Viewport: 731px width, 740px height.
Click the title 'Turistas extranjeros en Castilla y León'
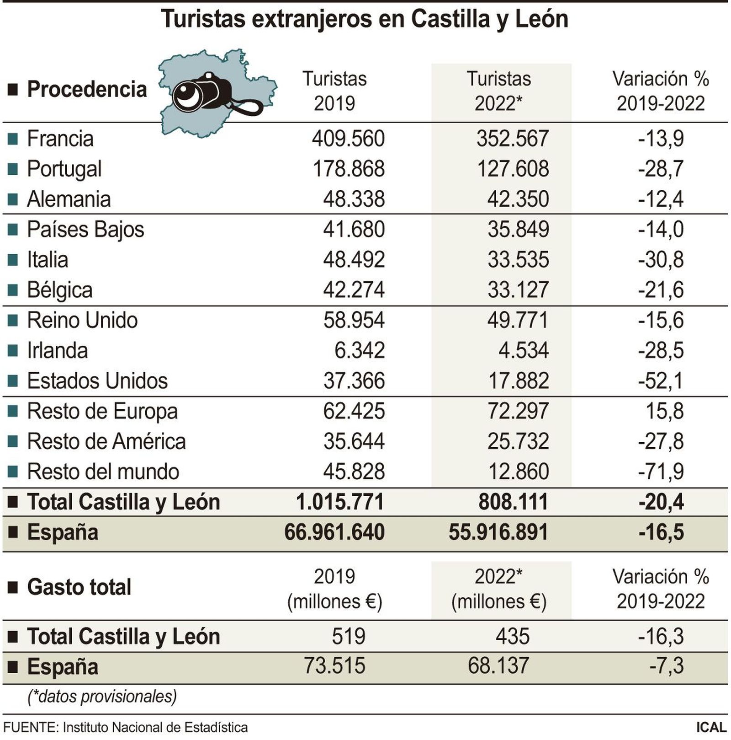tap(365, 19)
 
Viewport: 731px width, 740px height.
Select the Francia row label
tap(60, 139)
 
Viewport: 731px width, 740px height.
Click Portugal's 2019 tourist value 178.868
tap(349, 169)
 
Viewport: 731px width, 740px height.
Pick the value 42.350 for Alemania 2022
tap(518, 199)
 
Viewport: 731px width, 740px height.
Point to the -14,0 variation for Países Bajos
tap(661, 229)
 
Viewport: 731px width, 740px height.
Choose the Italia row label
tap(48, 260)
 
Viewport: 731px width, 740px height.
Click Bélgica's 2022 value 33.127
tap(518, 290)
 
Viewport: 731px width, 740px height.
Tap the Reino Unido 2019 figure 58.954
tap(354, 320)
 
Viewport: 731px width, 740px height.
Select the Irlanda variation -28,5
tap(661, 350)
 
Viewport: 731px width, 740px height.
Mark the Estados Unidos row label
tap(97, 381)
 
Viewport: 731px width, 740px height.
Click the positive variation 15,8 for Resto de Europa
tap(664, 411)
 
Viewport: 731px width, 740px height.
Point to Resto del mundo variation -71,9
tap(661, 472)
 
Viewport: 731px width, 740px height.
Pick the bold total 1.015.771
tap(339, 502)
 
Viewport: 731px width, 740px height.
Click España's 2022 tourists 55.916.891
tap(498, 532)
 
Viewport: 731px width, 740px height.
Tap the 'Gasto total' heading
tap(79, 587)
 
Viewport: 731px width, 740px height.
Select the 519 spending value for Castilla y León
tap(348, 636)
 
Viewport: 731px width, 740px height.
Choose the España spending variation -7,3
tap(666, 666)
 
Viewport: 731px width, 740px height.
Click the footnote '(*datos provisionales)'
tap(102, 697)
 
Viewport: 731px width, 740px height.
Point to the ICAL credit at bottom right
tap(711, 727)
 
